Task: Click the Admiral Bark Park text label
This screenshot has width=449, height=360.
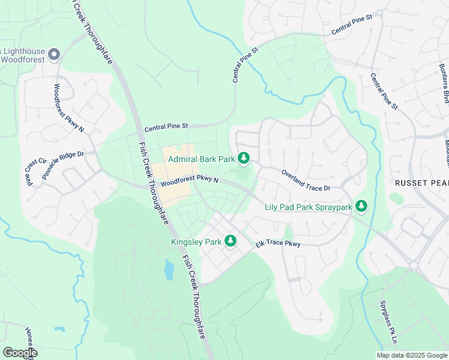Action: (x=200, y=159)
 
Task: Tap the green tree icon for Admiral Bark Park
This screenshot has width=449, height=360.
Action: (x=244, y=158)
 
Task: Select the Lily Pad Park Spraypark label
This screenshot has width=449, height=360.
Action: (x=308, y=208)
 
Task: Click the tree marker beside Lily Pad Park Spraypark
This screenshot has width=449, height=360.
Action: (x=361, y=206)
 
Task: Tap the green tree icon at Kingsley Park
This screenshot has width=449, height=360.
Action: (x=230, y=241)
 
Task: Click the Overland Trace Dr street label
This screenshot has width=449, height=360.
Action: (x=306, y=179)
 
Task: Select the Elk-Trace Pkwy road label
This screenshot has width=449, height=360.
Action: (x=277, y=244)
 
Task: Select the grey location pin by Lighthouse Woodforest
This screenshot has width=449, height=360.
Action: (x=53, y=55)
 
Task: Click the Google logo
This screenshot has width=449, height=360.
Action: (x=20, y=353)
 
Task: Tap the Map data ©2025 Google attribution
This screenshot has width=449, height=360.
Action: (x=411, y=355)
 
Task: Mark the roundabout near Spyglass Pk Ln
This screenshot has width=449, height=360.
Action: (x=413, y=265)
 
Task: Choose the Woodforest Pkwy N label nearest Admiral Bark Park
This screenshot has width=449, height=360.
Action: (x=189, y=181)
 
